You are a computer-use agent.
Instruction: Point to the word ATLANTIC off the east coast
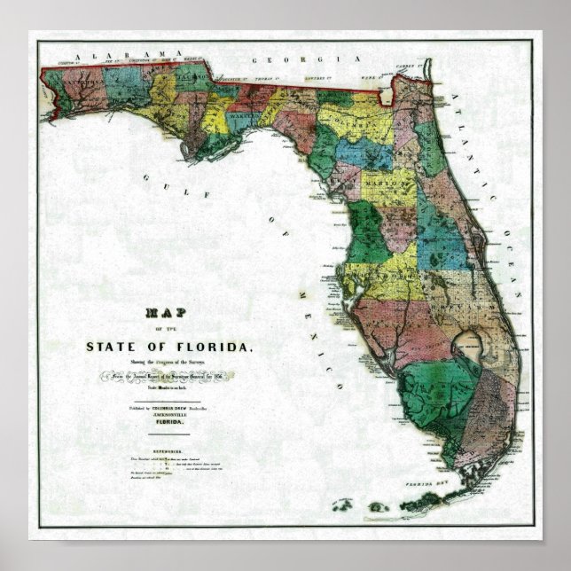[479, 142]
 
